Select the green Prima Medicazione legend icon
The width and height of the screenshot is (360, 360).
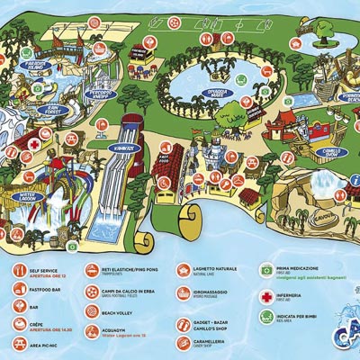click(x=266, y=269)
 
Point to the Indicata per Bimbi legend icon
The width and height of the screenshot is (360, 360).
click(x=266, y=317)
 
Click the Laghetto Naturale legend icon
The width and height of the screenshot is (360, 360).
click(x=183, y=269)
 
